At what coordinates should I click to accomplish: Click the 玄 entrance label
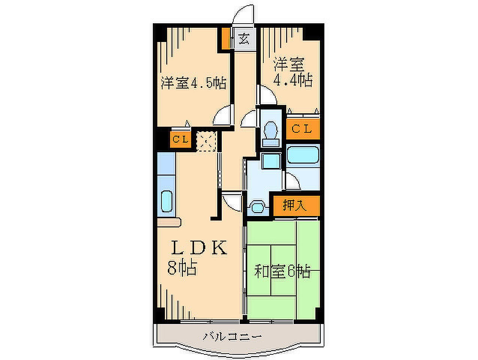pyautogui.click(x=243, y=39)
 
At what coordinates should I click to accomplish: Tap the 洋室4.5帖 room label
pyautogui.click(x=194, y=83)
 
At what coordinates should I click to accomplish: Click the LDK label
pyautogui.click(x=199, y=247)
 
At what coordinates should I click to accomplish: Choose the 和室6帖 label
pyautogui.click(x=282, y=271)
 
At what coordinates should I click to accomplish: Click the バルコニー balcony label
pyautogui.click(x=232, y=337)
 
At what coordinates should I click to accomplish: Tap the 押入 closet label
pyautogui.click(x=294, y=205)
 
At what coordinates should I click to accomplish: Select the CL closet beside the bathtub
pyautogui.click(x=302, y=129)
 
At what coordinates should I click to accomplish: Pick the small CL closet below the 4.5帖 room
pyautogui.click(x=181, y=139)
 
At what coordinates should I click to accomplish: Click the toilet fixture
pyautogui.click(x=271, y=133)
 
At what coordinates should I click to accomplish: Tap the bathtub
pyautogui.click(x=303, y=155)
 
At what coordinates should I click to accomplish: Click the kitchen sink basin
pyautogui.click(x=167, y=201)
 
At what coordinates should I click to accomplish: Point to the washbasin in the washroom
pyautogui.click(x=258, y=207)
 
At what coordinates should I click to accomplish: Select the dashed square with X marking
pyautogui.click(x=206, y=141)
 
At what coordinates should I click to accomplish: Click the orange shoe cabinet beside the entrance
pyautogui.click(x=226, y=38)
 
